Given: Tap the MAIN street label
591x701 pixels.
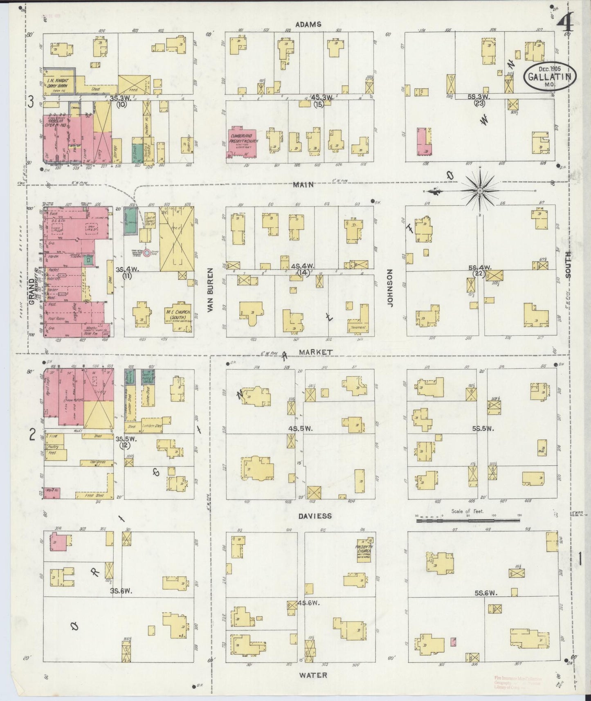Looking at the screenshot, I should pyautogui.click(x=303, y=185).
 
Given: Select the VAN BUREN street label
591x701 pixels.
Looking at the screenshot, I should pyautogui.click(x=210, y=290).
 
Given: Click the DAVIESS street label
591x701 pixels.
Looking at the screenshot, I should pyautogui.click(x=315, y=516).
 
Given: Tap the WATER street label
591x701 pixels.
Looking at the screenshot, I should pyautogui.click(x=313, y=675).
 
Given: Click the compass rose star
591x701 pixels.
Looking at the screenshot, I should pyautogui.click(x=480, y=191).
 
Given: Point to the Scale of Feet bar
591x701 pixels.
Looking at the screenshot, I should pyautogui.click(x=468, y=521).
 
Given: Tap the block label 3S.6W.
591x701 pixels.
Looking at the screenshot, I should pyautogui.click(x=121, y=591).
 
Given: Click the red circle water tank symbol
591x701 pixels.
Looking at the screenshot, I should pyautogui.click(x=147, y=252).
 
